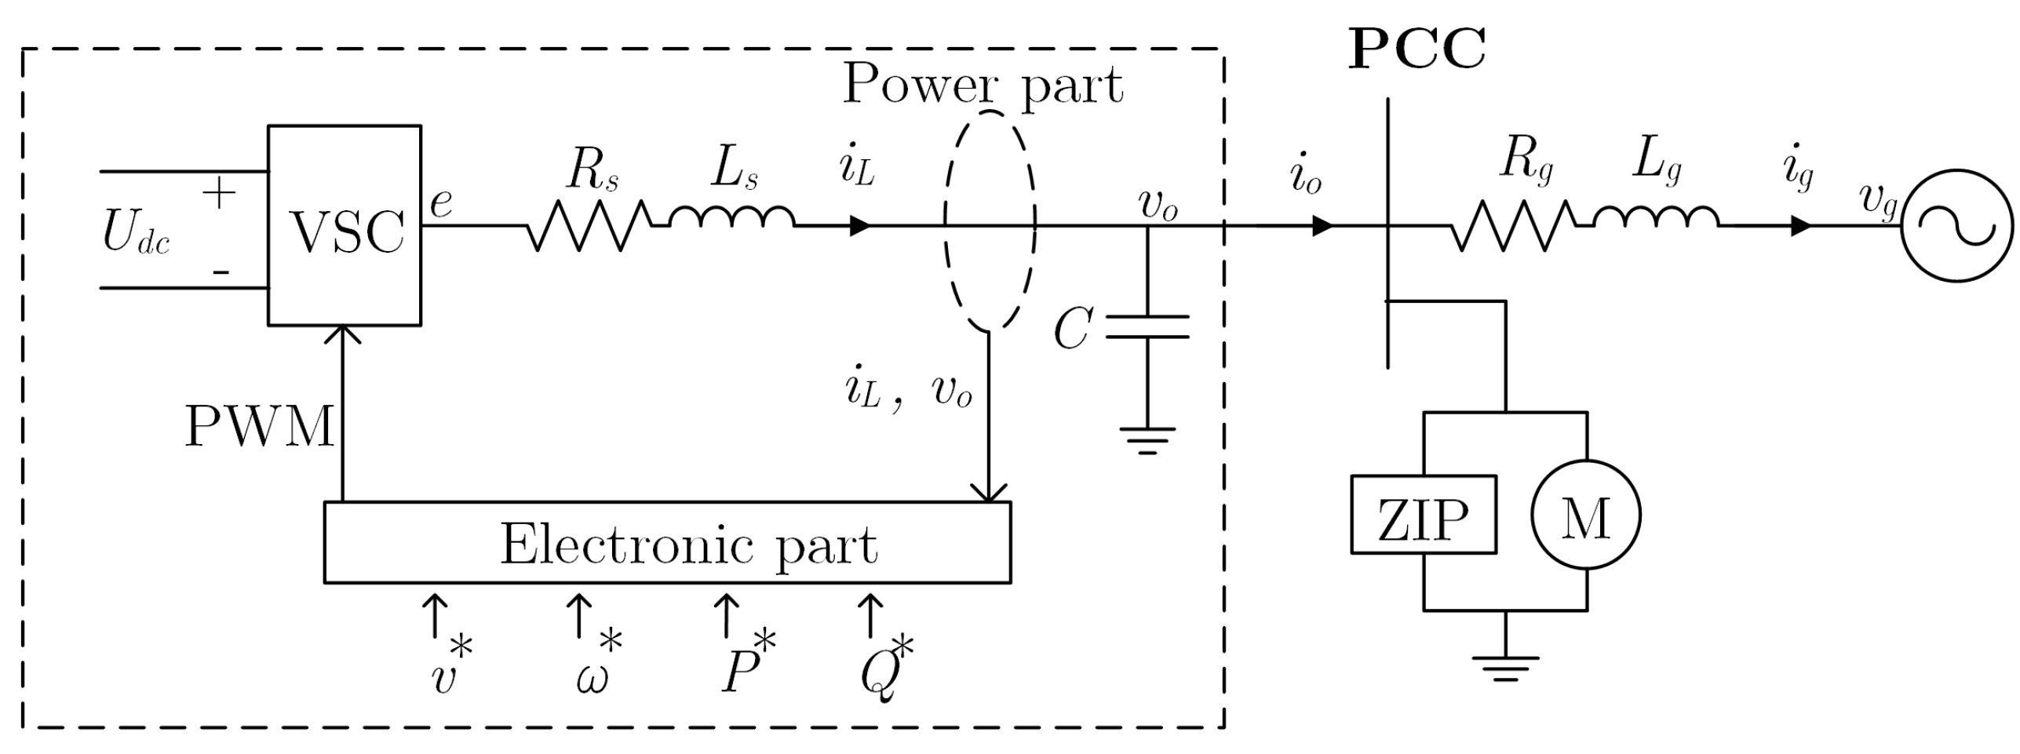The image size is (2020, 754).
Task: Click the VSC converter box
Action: click(345, 225)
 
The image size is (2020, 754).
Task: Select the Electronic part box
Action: click(667, 543)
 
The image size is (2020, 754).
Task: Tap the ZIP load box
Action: click(1423, 515)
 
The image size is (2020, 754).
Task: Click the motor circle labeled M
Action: click(1586, 515)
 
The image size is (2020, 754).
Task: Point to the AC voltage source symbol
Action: click(1956, 225)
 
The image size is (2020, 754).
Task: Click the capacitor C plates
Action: click(1147, 327)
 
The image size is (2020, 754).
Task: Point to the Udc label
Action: click(136, 234)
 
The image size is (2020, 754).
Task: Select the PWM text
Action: click(259, 428)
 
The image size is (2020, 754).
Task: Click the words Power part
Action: click(983, 84)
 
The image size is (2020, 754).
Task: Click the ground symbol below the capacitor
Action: click(1147, 440)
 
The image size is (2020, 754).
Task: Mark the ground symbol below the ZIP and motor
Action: click(1505, 668)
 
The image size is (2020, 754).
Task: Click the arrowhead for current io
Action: click(1323, 226)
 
